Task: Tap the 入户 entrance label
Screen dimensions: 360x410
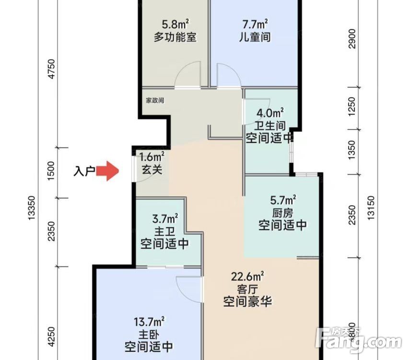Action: click(84, 170)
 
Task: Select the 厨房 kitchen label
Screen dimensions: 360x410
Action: click(282, 212)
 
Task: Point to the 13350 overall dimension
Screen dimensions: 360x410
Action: click(33, 209)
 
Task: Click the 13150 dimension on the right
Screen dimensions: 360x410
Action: click(369, 208)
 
